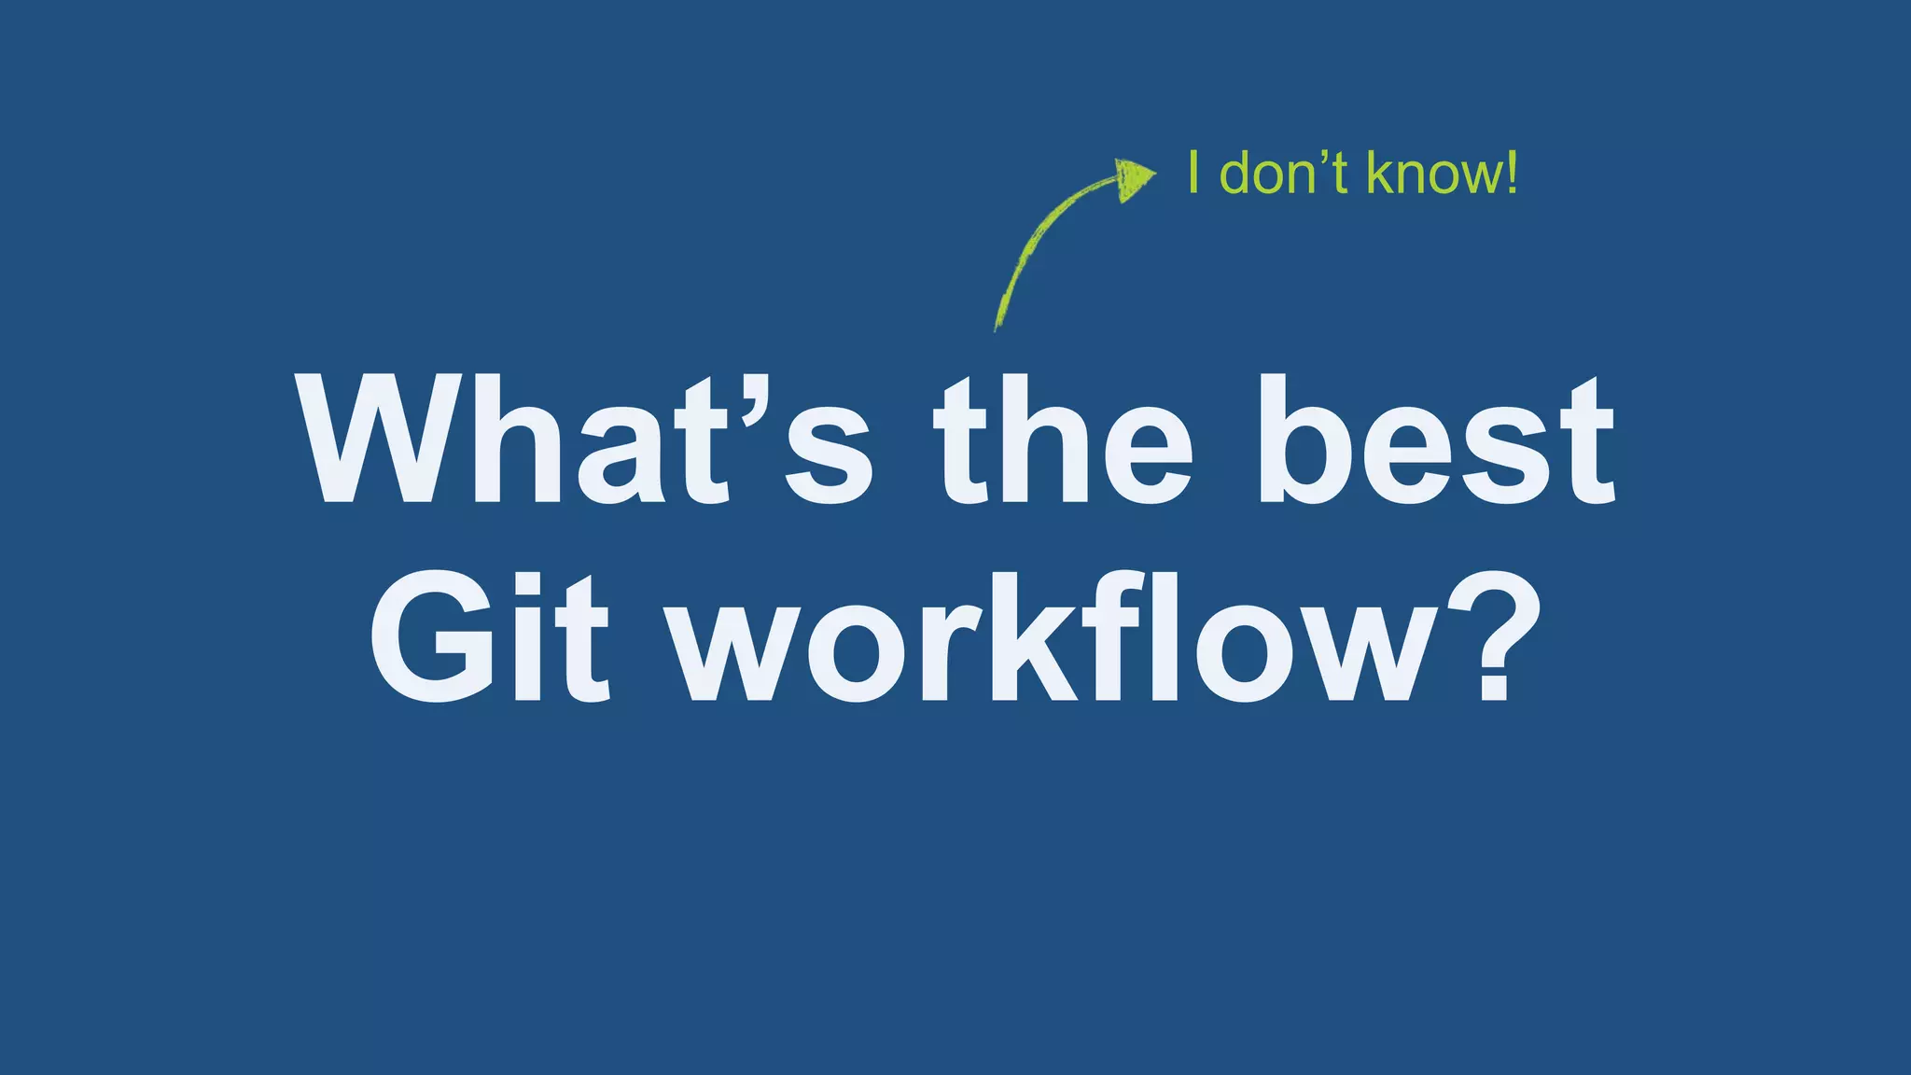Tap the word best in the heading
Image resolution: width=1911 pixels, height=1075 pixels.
[1437, 440]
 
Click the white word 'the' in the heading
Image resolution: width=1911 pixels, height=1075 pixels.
[1064, 440]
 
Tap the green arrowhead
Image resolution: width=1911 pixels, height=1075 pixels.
[1134, 177]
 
